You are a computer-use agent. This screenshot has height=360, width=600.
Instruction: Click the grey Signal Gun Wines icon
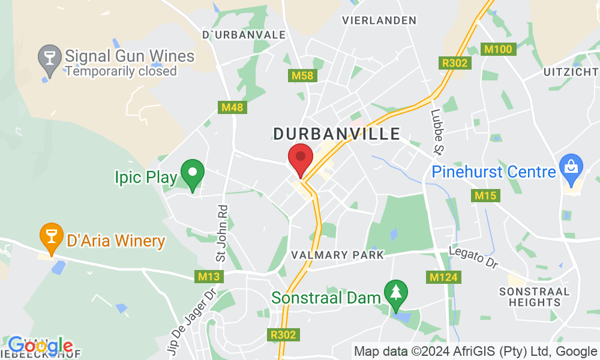(x=50, y=58)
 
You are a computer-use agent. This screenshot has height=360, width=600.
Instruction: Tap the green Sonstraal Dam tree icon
(x=396, y=293)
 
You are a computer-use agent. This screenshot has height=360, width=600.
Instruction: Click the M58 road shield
(x=302, y=76)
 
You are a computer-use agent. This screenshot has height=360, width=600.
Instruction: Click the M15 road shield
(x=486, y=196)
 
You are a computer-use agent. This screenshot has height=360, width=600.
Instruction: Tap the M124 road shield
(x=445, y=277)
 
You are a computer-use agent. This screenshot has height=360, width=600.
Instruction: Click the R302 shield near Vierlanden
(x=455, y=62)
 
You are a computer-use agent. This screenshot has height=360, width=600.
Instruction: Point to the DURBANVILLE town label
(x=337, y=133)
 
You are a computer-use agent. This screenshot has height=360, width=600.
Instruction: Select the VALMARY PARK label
(x=337, y=255)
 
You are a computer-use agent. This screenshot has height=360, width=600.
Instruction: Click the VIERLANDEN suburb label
(x=379, y=20)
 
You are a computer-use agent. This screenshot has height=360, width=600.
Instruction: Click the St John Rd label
(x=223, y=233)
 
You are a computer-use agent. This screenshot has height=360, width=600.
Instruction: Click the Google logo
(x=40, y=346)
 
